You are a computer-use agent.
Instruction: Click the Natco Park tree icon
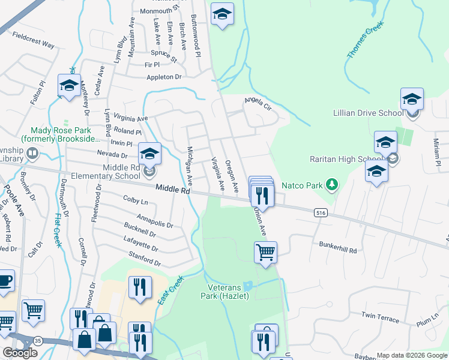[x=331, y=184]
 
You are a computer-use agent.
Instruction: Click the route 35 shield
[x=39, y=341]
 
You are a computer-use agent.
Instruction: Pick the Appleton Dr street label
[x=163, y=77]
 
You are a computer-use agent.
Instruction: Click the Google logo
[x=20, y=352]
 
